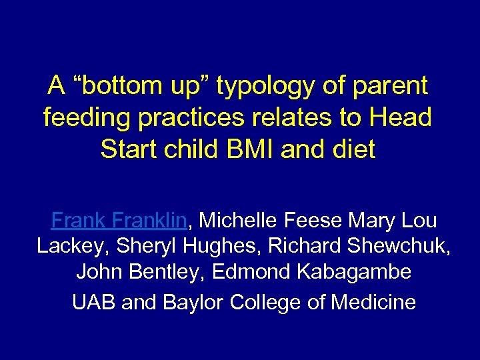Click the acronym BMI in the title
pyautogui.click(x=246, y=149)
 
